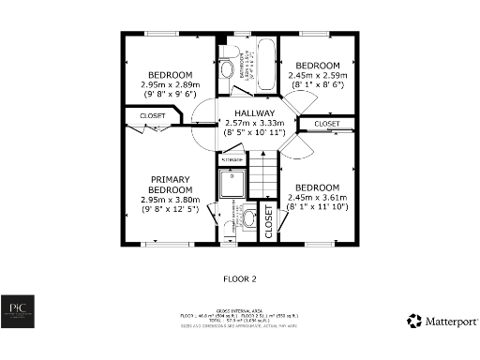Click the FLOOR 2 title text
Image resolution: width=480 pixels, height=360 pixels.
pyautogui.click(x=239, y=278)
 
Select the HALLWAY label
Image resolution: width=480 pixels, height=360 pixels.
pyautogui.click(x=253, y=112)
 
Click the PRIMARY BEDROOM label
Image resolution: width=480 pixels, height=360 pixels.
pyautogui.click(x=170, y=184)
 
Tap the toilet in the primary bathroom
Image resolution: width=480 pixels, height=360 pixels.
pyautogui.click(x=247, y=219)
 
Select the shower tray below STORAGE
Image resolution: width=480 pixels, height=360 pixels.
pyautogui.click(x=232, y=186)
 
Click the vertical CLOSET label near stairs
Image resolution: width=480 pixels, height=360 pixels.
pyautogui.click(x=267, y=223)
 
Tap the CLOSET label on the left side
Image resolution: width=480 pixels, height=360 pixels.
pyautogui.click(x=153, y=116)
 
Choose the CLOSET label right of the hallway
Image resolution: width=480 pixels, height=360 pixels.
pyautogui.click(x=326, y=124)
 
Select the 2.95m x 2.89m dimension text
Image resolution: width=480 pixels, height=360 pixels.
pyautogui.click(x=170, y=84)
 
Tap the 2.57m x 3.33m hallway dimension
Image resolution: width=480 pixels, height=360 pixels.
pyautogui.click(x=253, y=123)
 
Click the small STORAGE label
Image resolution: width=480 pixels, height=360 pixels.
pyautogui.click(x=232, y=161)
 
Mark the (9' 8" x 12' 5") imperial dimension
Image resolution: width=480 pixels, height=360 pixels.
pyautogui.click(x=170, y=209)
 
